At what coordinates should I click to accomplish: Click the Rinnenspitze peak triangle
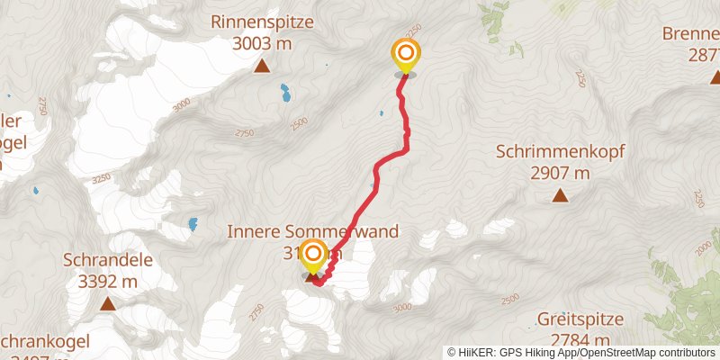pos(262,66)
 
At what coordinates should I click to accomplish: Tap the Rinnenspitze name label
pos(262,21)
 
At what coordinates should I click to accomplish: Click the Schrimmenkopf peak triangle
pos(560,195)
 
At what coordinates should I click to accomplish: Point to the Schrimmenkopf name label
pos(560,151)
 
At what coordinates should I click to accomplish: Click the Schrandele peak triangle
pos(107,304)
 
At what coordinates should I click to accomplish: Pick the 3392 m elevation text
pos(107,281)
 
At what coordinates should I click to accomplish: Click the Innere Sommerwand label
pos(314,231)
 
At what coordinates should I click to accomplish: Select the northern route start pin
pos(405,56)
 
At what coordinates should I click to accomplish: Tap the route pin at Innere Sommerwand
pos(313,256)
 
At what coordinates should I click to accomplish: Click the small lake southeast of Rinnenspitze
pos(285,91)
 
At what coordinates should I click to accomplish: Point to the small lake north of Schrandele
pos(193,223)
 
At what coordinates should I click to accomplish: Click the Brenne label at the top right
pos(691,34)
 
